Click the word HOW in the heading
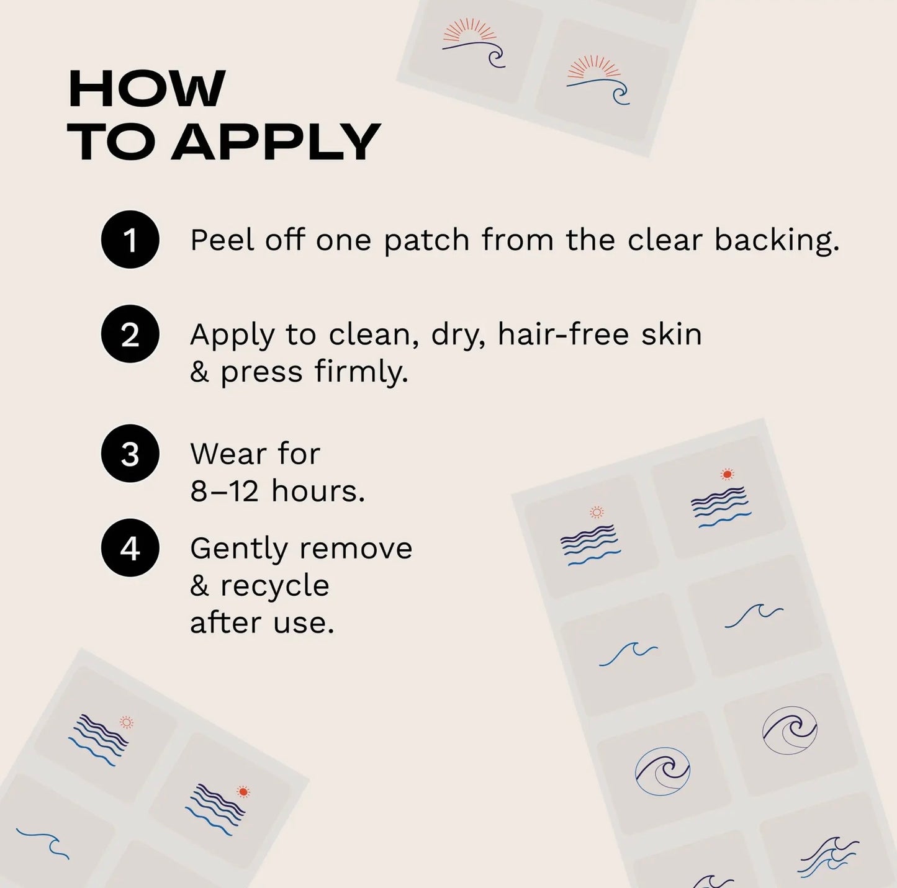tap(146, 89)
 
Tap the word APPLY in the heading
tap(276, 142)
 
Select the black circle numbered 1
tap(130, 240)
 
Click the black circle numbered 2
tap(130, 334)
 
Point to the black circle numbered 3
tap(130, 453)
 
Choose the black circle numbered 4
tap(130, 548)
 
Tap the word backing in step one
tap(777, 241)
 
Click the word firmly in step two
tap(361, 372)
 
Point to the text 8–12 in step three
tap(224, 491)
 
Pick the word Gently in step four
tap(239, 550)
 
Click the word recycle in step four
tap(274, 586)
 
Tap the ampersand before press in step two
tap(200, 372)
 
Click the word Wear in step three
tap(228, 454)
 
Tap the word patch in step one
tap(426, 241)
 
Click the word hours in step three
tap(318, 490)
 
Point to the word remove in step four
tap(356, 549)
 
